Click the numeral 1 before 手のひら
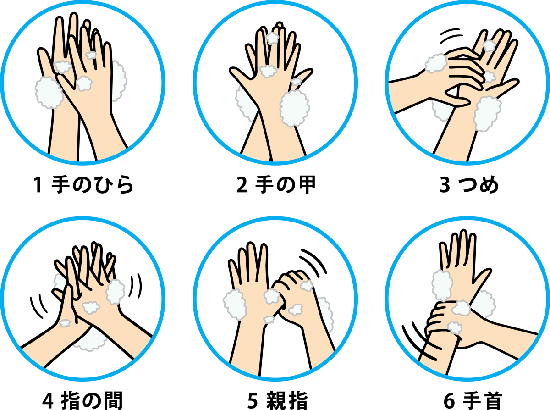click(38, 185)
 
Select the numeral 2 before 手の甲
click(241, 185)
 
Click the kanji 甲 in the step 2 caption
click(304, 185)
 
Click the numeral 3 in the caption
click(445, 185)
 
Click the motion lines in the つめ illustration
click(452, 36)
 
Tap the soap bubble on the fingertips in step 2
click(273, 38)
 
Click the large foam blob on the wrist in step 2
click(294, 108)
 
